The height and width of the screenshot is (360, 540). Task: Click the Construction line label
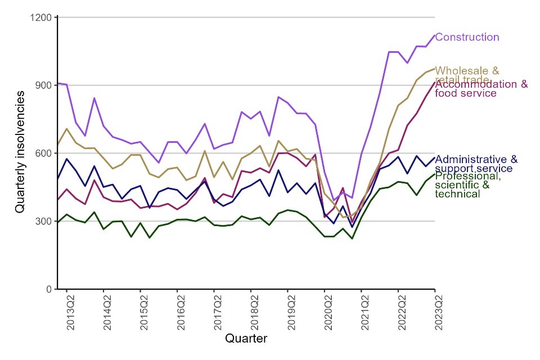click(x=467, y=38)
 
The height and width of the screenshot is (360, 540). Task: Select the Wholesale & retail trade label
click(x=467, y=75)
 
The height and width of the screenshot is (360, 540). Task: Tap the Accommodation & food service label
click(x=481, y=89)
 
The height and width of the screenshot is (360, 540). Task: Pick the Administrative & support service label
click(x=476, y=164)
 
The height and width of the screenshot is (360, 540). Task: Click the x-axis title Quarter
click(x=246, y=339)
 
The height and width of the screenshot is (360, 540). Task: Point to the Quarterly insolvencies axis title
click(x=20, y=153)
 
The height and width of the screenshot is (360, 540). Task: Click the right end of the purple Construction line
click(x=434, y=35)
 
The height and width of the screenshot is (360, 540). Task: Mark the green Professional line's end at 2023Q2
click(x=434, y=173)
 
